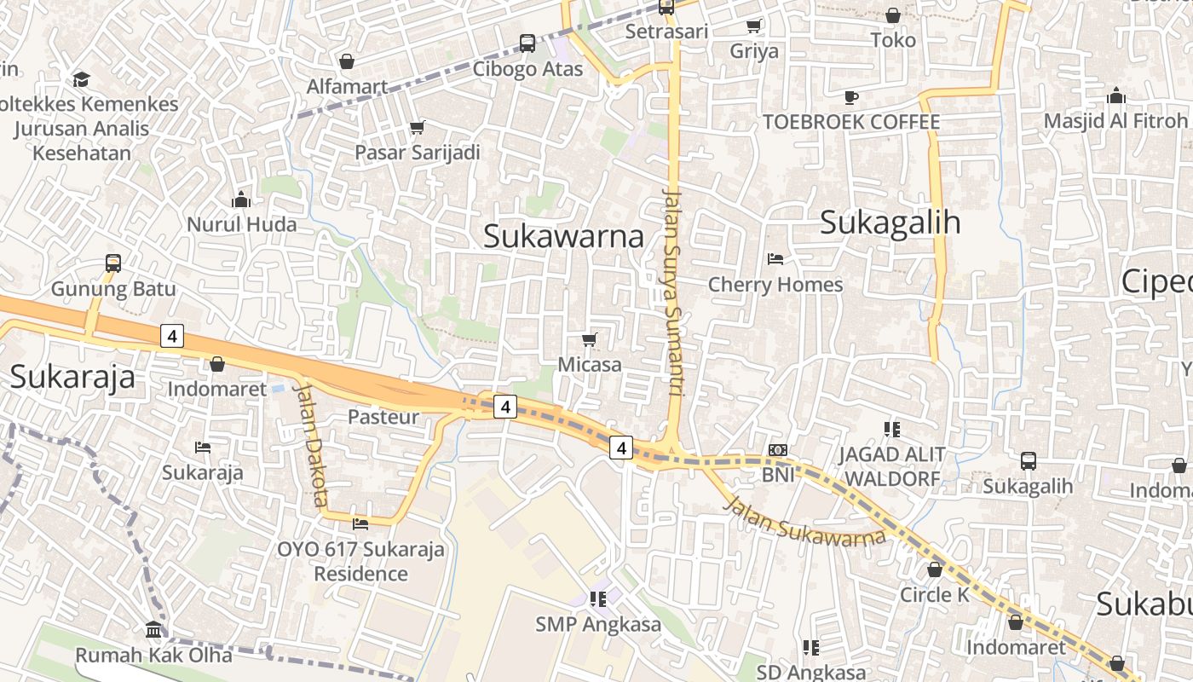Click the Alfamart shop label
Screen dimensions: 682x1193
[x=347, y=86]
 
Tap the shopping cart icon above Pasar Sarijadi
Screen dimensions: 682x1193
[x=418, y=128]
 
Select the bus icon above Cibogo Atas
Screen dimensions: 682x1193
[x=527, y=43]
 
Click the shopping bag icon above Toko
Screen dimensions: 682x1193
[x=893, y=16]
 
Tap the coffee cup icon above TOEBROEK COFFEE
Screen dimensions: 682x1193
[x=850, y=97]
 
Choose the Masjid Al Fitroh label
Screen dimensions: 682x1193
[x=1115, y=121]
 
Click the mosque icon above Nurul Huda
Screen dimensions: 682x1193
[x=241, y=200]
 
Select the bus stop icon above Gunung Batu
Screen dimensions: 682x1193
[x=113, y=263]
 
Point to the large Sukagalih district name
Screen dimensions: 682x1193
[x=890, y=223]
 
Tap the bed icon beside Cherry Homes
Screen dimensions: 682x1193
[x=775, y=259]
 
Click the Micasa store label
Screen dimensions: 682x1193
[x=590, y=365]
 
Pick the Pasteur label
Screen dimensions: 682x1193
[x=383, y=417]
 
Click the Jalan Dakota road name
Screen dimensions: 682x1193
[x=309, y=443]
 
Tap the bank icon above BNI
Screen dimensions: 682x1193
[x=777, y=450]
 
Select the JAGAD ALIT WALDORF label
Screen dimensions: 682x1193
[x=891, y=466]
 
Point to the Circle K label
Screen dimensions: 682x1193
[x=935, y=594]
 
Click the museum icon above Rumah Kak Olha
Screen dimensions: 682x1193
[x=154, y=630]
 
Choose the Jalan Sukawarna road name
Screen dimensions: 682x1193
[x=804, y=519]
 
